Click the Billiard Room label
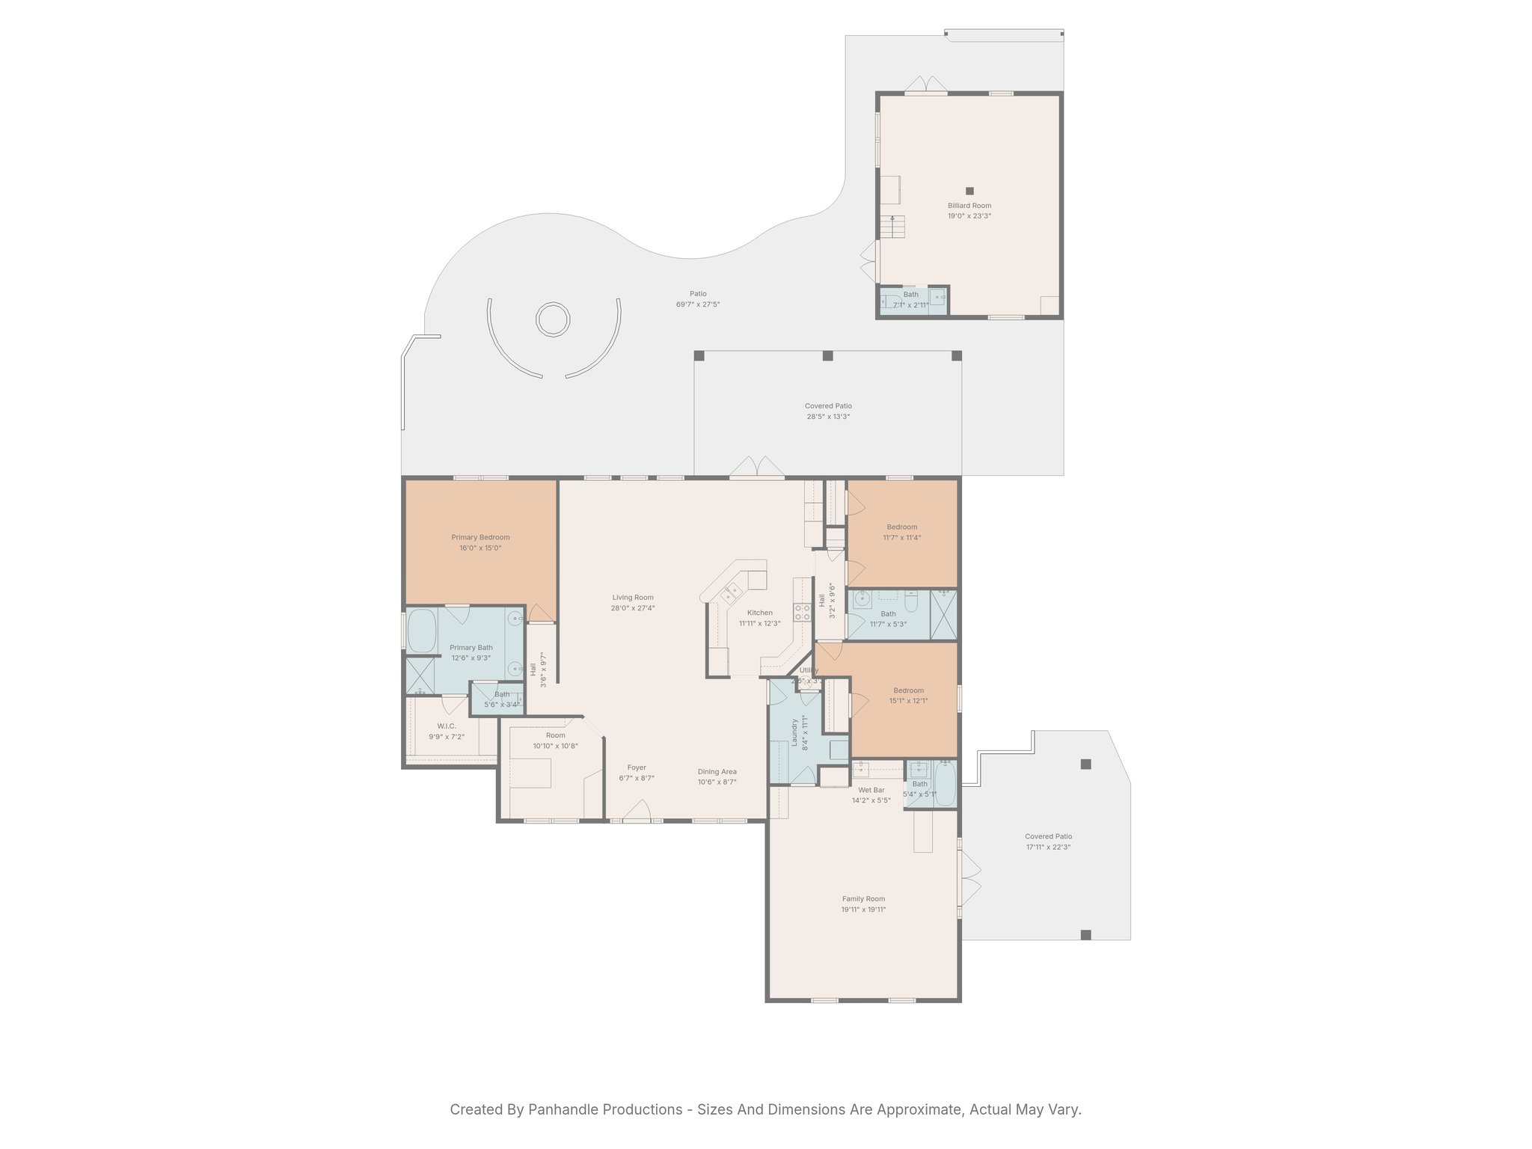click(x=969, y=206)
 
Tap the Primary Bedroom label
click(x=480, y=537)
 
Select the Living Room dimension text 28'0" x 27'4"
click(x=633, y=608)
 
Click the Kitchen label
click(x=759, y=613)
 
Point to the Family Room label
click(x=863, y=899)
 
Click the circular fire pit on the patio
click(x=553, y=319)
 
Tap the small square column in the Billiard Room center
click(x=969, y=191)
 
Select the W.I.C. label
click(x=447, y=726)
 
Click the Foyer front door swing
click(x=637, y=811)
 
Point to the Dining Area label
click(x=717, y=772)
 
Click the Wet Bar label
click(x=871, y=790)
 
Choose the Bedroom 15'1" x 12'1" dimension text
click(x=908, y=701)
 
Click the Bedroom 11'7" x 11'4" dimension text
click(x=901, y=537)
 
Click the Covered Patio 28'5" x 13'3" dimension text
click(x=828, y=417)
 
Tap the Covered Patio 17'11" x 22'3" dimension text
click(x=1048, y=847)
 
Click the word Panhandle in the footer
click(x=567, y=1109)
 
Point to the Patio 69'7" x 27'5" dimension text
click(x=698, y=304)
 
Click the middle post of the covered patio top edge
click(x=827, y=356)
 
